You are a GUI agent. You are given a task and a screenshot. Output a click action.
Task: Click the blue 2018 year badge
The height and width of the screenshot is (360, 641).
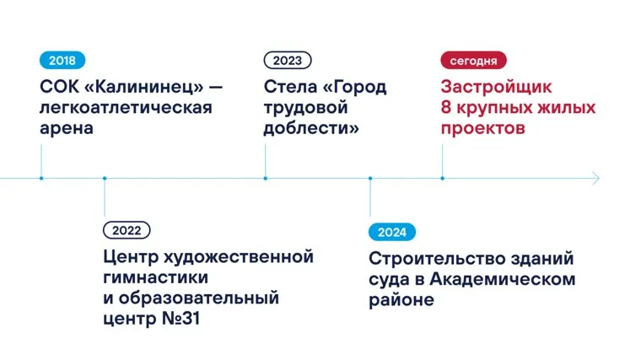point(62,61)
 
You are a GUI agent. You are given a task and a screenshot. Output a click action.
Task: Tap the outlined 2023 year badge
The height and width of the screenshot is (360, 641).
point(287,61)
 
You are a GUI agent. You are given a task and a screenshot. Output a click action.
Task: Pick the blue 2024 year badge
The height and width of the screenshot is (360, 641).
point(392,231)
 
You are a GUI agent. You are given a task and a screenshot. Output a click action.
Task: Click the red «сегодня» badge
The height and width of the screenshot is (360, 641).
point(473,61)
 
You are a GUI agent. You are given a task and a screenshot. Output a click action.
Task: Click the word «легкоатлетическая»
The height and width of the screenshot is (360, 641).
point(126,108)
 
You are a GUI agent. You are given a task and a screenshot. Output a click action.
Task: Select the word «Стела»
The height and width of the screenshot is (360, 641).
point(291,87)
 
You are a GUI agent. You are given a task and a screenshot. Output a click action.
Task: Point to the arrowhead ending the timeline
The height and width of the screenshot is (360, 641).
point(596,179)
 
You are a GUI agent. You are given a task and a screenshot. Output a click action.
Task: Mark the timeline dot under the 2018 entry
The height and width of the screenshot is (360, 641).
point(40,179)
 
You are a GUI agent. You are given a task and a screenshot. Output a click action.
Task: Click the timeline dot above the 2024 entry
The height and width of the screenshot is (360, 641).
point(370,179)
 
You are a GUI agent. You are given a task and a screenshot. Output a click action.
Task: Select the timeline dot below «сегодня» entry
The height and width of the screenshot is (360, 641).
point(442,179)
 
